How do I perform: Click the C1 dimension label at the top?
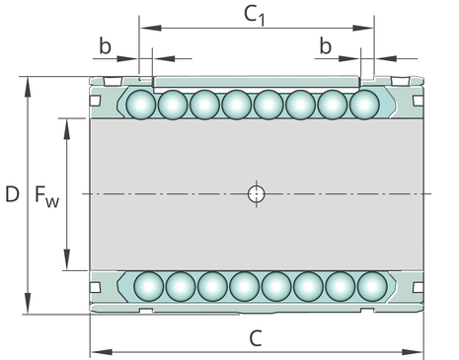click(255, 16)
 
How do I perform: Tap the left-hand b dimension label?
click(106, 46)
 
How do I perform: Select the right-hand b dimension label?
click(326, 46)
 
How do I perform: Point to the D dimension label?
click(12, 194)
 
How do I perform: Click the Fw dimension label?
click(47, 196)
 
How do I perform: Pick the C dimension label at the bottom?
click(256, 338)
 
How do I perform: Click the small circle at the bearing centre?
click(256, 194)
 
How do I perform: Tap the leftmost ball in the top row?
click(141, 105)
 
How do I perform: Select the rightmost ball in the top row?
click(364, 105)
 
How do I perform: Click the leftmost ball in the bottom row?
click(149, 286)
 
